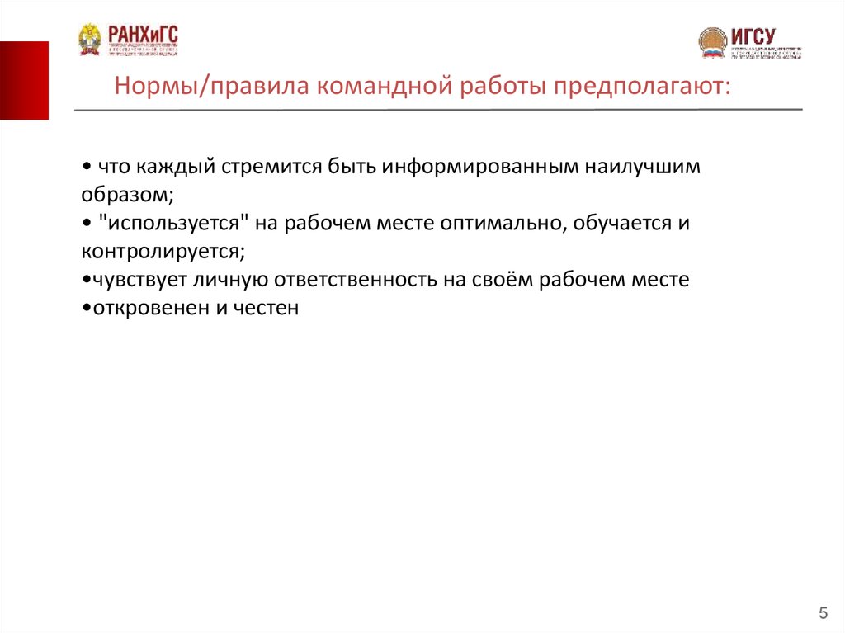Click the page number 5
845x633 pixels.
[823, 612]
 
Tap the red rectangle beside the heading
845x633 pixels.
[24, 80]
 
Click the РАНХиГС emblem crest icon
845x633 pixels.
[89, 38]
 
